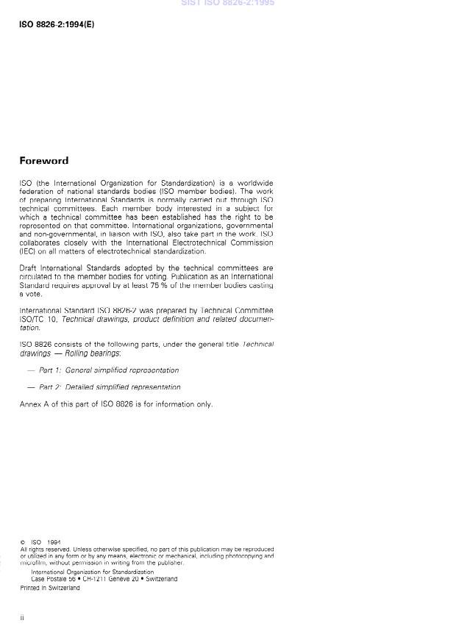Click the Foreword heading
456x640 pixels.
(43, 161)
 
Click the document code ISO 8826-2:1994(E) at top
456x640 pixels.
(57, 24)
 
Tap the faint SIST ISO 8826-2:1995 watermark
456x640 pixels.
(227, 4)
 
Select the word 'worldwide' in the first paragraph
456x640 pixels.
(254, 183)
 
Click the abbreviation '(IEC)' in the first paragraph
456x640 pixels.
(29, 251)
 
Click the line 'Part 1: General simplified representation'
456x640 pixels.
(108, 370)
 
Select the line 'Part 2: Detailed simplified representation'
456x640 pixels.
(109, 386)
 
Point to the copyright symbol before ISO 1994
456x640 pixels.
(22, 542)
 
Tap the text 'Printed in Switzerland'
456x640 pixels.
(50, 588)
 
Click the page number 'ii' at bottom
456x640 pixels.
(22, 617)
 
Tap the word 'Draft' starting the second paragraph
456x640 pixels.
(28, 268)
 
